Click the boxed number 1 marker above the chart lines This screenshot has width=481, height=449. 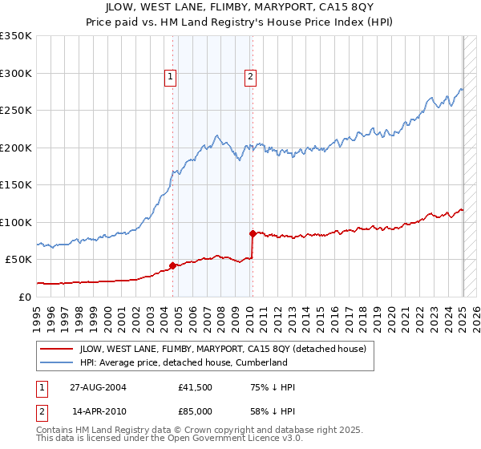[x=172, y=77]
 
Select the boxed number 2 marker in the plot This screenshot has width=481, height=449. [x=250, y=77]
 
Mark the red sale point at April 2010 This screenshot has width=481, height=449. [x=253, y=233]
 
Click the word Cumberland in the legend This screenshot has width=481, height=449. [x=261, y=362]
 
